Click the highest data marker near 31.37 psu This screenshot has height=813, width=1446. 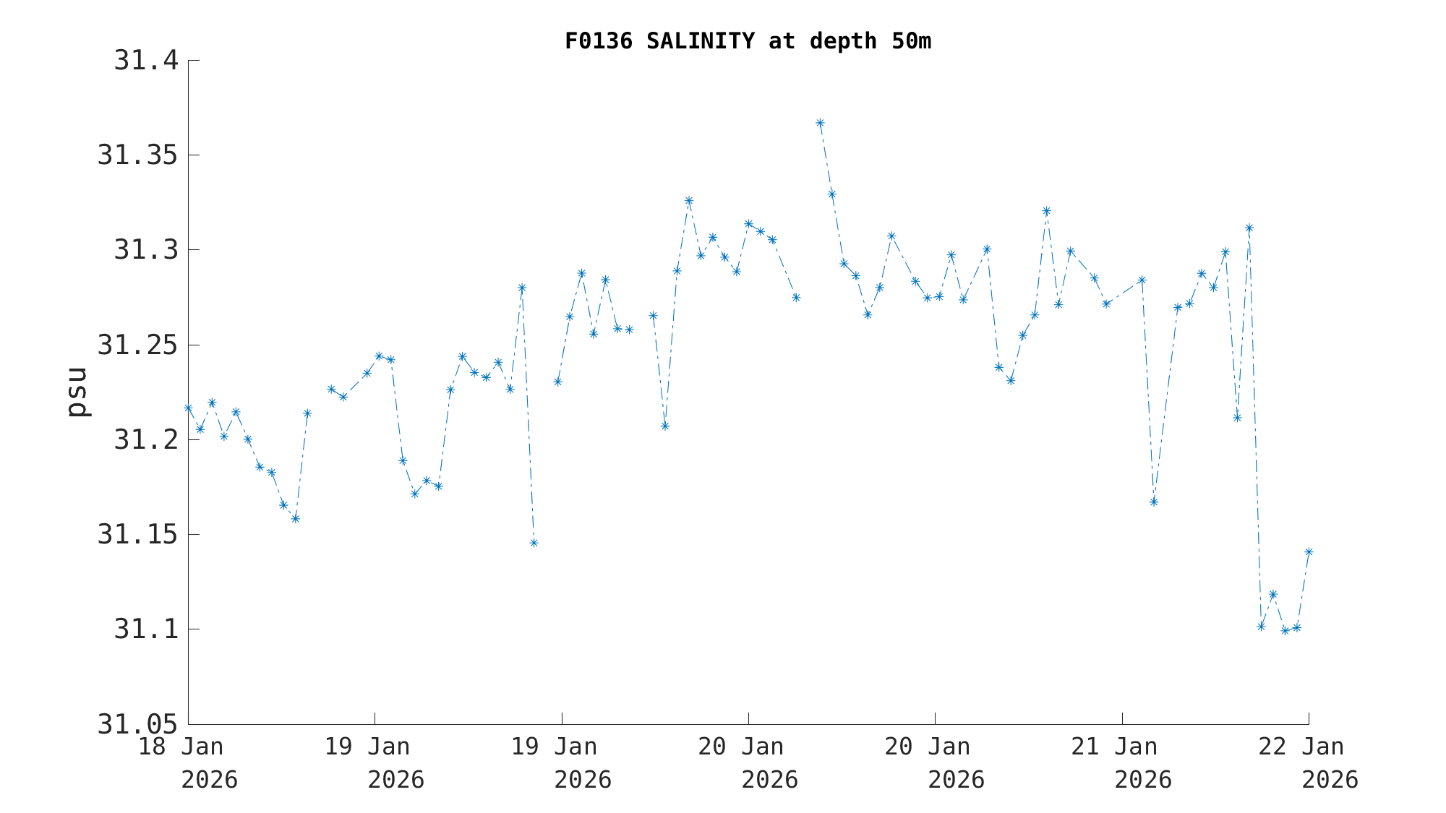(x=820, y=123)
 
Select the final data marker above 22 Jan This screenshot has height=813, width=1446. (x=1309, y=552)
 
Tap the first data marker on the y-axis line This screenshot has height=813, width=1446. (x=188, y=408)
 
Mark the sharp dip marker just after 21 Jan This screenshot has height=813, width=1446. (x=1154, y=502)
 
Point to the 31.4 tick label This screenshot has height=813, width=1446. (x=146, y=61)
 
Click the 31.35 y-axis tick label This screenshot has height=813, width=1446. (x=137, y=155)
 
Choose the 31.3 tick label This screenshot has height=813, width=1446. (x=146, y=250)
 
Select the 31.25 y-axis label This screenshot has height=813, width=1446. (x=137, y=345)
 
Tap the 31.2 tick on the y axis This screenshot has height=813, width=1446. (x=146, y=440)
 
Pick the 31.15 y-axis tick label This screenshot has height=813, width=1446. (x=137, y=535)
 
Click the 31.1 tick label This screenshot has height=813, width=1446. (x=146, y=629)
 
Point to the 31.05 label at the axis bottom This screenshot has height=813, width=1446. (x=137, y=724)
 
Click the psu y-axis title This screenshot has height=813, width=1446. (x=78, y=392)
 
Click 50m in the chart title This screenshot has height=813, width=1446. (x=911, y=41)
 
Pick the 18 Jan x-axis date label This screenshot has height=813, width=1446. (x=181, y=747)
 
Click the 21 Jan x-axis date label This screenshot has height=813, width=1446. (x=1114, y=747)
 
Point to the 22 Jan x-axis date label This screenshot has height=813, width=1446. (x=1301, y=747)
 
